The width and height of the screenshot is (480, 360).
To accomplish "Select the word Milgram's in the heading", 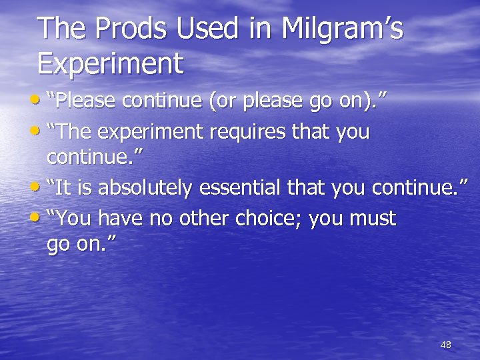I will (x=342, y=30).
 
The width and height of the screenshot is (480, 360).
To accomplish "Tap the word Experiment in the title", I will (x=110, y=65).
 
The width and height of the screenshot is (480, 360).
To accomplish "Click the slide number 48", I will (x=446, y=345).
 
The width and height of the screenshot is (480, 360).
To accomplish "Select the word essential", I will (x=240, y=189).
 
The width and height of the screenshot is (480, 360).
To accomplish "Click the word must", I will (x=373, y=219).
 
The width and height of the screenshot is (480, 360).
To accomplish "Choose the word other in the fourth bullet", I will (x=200, y=219).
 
